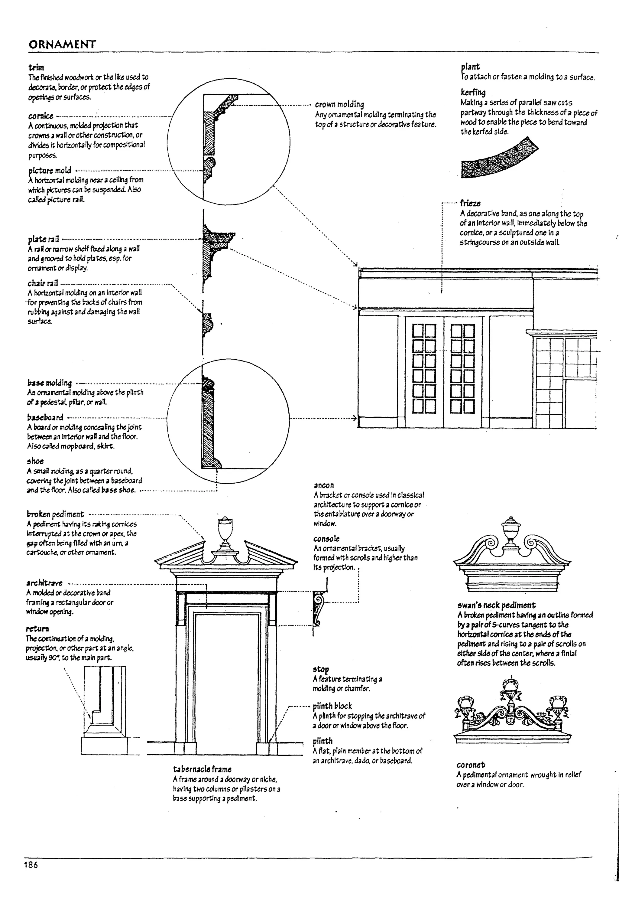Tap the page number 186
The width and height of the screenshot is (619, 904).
pyautogui.click(x=31, y=865)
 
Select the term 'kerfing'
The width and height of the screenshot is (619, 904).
pyautogui.click(x=473, y=93)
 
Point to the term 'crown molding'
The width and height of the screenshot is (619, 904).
pyautogui.click(x=339, y=104)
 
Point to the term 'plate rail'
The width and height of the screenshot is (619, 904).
pyautogui.click(x=43, y=239)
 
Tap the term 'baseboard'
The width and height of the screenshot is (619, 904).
pyautogui.click(x=45, y=417)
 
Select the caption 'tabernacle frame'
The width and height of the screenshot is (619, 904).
pyautogui.click(x=202, y=769)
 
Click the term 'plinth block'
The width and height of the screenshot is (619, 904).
pyautogui.click(x=332, y=706)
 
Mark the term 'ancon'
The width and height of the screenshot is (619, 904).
pyautogui.click(x=323, y=485)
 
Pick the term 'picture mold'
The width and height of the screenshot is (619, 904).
pyautogui.click(x=50, y=170)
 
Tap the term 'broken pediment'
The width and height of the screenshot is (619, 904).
pyautogui.click(x=55, y=514)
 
